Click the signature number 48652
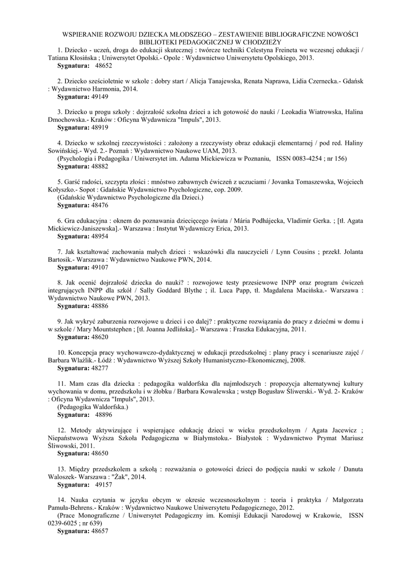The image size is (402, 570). point(104,66)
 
